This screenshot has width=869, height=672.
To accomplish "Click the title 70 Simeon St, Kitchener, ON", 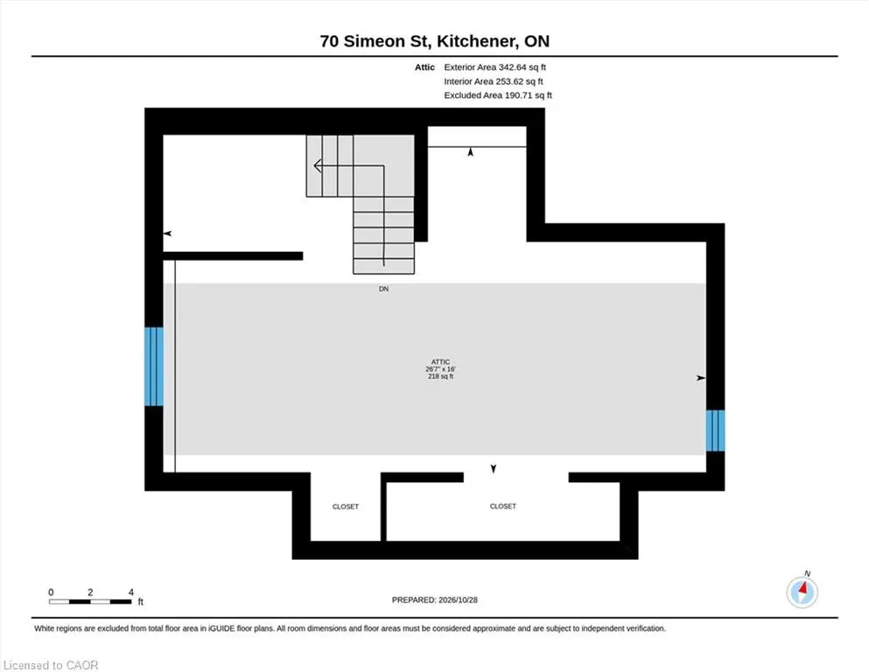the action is [x=434, y=41].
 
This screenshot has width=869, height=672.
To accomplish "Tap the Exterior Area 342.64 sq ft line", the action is [x=495, y=67].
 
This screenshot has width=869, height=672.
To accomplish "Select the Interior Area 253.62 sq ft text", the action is [x=494, y=81].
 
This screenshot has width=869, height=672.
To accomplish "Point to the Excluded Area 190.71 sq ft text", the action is [x=498, y=95].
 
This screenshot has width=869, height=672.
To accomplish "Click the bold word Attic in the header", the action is [x=424, y=67].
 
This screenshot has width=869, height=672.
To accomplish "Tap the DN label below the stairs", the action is [x=383, y=289].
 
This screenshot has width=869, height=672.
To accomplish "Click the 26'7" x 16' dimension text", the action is [x=440, y=369].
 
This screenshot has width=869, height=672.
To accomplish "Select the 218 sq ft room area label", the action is [x=440, y=376].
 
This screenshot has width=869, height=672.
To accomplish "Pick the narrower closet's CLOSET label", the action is [x=346, y=507].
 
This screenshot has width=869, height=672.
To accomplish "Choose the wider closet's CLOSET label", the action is [x=502, y=506].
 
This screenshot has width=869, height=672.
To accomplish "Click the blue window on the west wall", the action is [x=154, y=367].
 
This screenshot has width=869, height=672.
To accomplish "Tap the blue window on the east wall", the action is [x=715, y=430].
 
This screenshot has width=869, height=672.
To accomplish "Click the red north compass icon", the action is [x=802, y=592].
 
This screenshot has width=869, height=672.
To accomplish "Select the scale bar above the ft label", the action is [x=90, y=602].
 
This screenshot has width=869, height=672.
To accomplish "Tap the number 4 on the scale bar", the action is [x=130, y=592].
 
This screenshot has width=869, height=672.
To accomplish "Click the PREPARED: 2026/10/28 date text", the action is [x=434, y=600].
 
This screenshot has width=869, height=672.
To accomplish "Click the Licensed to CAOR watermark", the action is [x=51, y=665].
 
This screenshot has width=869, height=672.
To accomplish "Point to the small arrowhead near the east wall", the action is [x=701, y=378].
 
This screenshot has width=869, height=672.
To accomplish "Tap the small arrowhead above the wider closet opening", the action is [x=494, y=469].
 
